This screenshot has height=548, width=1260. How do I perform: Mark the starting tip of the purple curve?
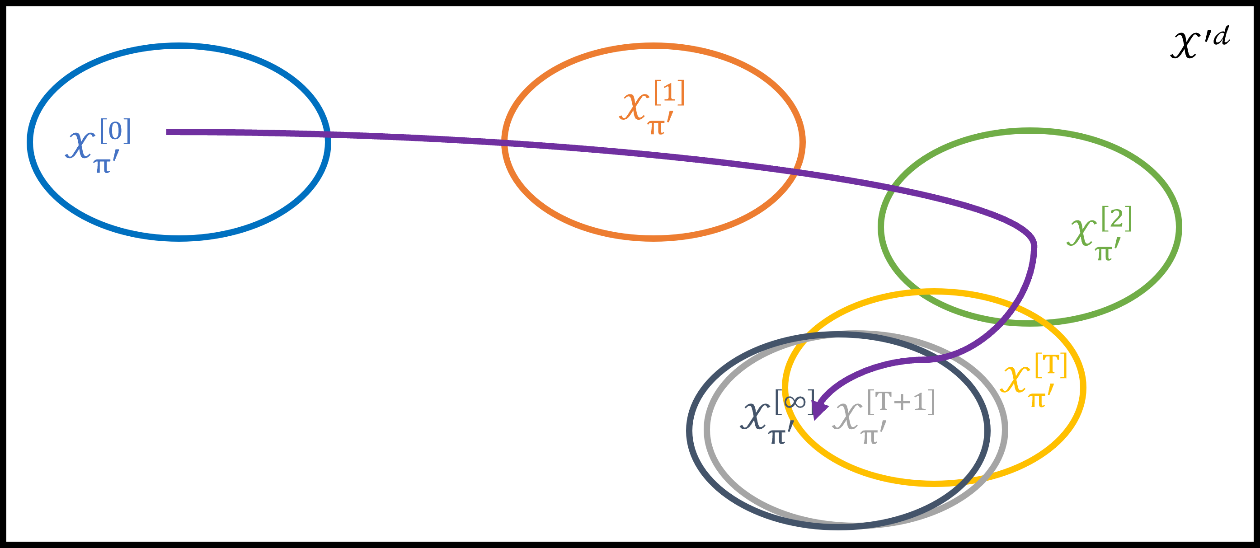click(x=168, y=131)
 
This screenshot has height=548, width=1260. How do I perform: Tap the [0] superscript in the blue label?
click(x=115, y=131)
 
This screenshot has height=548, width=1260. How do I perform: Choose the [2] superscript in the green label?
click(x=1117, y=219)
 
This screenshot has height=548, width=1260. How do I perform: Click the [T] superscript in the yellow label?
click(x=1051, y=365)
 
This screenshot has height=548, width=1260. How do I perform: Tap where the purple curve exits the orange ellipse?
click(x=793, y=171)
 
